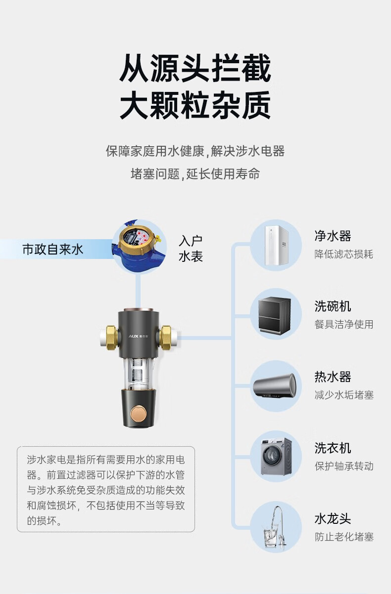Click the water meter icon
[139, 246]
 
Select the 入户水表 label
[191, 249]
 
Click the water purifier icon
[275, 245]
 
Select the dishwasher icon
[275, 315]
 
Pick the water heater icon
[275, 385]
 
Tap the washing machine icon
[275, 456]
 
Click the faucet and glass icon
[275, 527]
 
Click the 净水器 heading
[333, 236]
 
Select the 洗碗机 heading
[333, 306]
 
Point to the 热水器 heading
[333, 377]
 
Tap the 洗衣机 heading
[333, 448]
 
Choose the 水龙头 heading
[333, 519]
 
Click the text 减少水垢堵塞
[344, 395]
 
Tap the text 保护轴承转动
[344, 466]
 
